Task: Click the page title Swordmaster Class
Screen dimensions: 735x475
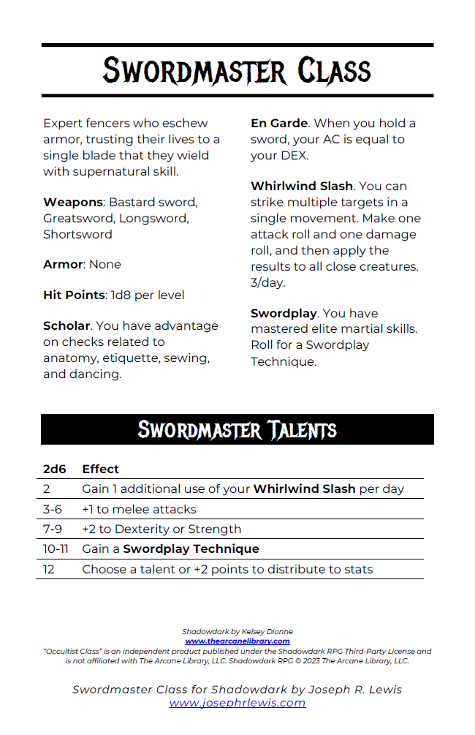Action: (237, 71)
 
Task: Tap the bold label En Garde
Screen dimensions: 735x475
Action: (279, 124)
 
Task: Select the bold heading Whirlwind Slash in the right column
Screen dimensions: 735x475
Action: (302, 186)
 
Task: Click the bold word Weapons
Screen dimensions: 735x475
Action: (72, 203)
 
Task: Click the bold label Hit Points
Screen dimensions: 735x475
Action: (74, 295)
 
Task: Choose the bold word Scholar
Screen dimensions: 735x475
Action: (66, 326)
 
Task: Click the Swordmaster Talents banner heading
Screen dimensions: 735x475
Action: (237, 429)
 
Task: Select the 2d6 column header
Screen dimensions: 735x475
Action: (55, 469)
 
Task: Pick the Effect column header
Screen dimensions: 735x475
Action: (101, 469)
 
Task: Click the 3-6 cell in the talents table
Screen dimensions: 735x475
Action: (53, 509)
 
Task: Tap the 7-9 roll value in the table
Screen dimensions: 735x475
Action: (53, 529)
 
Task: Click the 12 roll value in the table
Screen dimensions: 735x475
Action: (49, 569)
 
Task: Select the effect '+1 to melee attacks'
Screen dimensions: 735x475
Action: (139, 509)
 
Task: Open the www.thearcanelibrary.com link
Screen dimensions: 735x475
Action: (237, 641)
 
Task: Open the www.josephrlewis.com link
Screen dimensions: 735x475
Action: (237, 704)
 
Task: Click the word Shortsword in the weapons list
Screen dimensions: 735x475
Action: (77, 235)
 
